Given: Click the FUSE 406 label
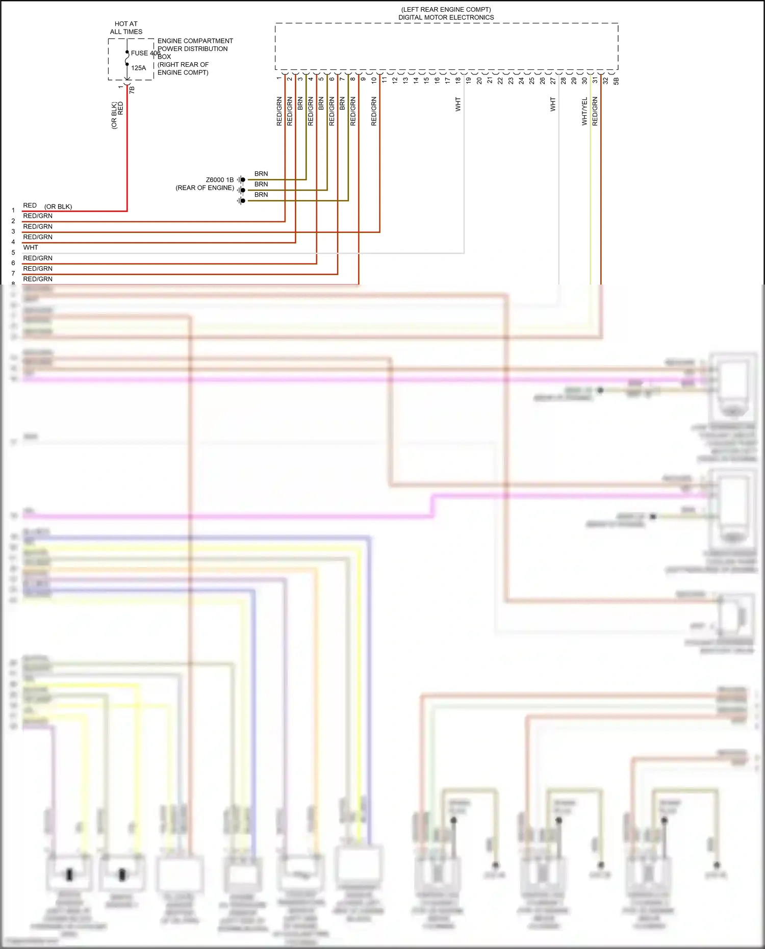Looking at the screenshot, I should [x=145, y=53].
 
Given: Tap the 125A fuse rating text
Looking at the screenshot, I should [x=138, y=68].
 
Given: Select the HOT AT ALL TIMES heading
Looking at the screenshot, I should [x=126, y=28].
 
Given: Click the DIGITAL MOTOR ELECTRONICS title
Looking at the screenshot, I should [x=446, y=17].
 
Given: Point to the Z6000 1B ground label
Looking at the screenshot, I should [x=219, y=180].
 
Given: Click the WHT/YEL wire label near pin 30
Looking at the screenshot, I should [x=585, y=111].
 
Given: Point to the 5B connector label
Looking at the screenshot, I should [x=616, y=81].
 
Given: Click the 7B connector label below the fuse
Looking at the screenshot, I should [x=132, y=90].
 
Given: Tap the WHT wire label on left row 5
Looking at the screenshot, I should [x=31, y=247].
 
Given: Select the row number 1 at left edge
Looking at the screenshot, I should [x=13, y=210].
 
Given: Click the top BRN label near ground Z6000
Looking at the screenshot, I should [x=261, y=174].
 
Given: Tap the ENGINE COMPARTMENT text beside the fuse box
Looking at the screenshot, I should [x=195, y=41].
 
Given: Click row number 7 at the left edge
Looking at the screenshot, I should [x=13, y=273].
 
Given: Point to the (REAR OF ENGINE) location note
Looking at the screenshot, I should [x=205, y=188].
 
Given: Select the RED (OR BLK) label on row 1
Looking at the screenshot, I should [x=47, y=206].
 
